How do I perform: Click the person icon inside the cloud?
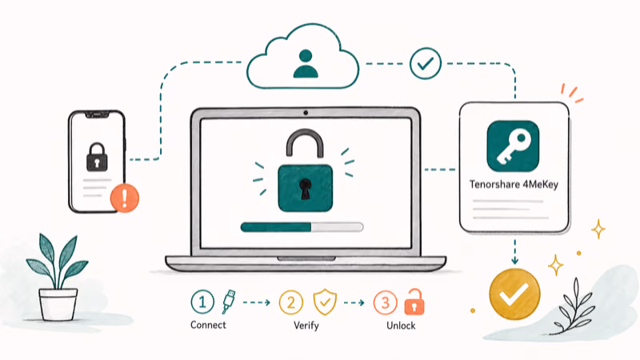[306, 64]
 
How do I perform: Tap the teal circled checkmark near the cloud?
[426, 64]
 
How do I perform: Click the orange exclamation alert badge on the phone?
[125, 198]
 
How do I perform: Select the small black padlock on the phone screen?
[97, 157]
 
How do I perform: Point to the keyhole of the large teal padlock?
[305, 189]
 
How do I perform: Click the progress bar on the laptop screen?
[302, 227]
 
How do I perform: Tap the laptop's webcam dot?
[306, 113]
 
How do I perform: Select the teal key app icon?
[513, 146]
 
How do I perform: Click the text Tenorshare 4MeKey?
[514, 185]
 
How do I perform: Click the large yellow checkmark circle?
[514, 294]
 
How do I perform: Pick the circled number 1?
[202, 302]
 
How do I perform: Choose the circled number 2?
[291, 302]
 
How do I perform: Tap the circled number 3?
[386, 302]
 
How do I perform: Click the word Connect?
[208, 325]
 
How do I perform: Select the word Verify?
[306, 326]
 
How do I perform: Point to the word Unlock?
[401, 326]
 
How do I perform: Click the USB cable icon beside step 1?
[229, 302]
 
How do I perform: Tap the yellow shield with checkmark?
[325, 302]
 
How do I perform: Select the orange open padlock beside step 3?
[414, 302]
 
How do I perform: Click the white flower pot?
[58, 304]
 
